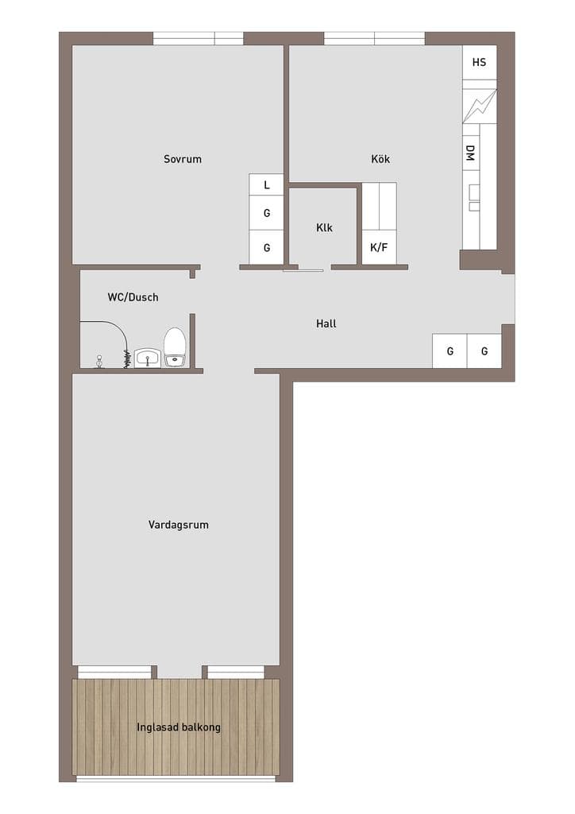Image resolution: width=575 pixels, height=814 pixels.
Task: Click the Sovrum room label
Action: [x=183, y=159]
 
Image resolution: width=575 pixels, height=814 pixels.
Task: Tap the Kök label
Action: [x=380, y=158]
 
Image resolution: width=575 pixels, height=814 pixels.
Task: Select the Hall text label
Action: [x=326, y=324]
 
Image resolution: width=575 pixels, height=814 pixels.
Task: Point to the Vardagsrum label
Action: [x=179, y=525]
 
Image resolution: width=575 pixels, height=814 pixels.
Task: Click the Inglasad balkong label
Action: [x=179, y=727]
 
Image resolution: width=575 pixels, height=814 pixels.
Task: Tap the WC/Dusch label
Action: [x=133, y=297]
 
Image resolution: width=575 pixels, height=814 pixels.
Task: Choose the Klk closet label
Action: [x=324, y=227]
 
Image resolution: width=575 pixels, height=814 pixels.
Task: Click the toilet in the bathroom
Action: [x=175, y=347]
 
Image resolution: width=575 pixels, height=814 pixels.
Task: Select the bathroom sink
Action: [x=149, y=358]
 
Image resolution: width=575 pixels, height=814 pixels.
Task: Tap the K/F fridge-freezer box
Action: [x=379, y=247]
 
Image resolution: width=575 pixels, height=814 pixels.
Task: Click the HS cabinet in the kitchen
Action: [x=479, y=62]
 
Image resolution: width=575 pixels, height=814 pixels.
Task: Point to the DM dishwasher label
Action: [x=470, y=153]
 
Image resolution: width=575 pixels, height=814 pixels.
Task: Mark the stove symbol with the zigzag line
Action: [x=479, y=106]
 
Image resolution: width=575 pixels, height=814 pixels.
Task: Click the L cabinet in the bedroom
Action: [x=267, y=184]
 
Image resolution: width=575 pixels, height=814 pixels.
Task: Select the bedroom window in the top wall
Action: [x=198, y=38]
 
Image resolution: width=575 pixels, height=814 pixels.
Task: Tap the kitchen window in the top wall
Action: [x=374, y=38]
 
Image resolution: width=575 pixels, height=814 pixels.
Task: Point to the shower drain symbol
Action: [x=99, y=362]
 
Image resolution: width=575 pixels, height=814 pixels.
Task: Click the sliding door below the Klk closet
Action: [x=303, y=270]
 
